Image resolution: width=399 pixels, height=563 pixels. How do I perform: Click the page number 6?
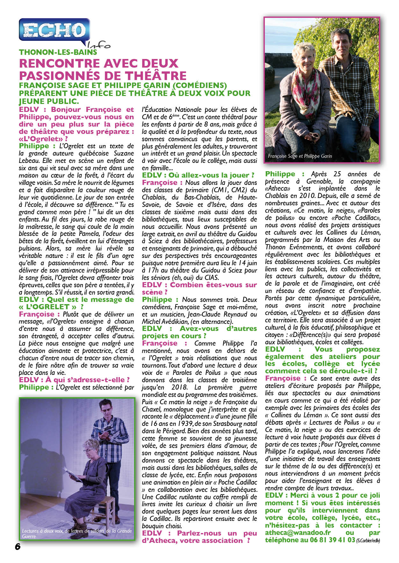[x=18, y=546]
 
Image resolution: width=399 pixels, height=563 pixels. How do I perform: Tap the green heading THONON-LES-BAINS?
[x=58, y=52]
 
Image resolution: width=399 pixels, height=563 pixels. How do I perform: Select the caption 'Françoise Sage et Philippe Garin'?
[x=300, y=156]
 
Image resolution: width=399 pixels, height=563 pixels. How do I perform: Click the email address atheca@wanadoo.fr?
[x=298, y=533]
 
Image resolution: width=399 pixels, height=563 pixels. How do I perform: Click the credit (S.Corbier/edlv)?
[x=368, y=541]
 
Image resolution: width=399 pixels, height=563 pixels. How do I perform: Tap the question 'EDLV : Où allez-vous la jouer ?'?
[x=198, y=175]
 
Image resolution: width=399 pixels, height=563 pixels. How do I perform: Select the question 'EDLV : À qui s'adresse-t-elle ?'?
[x=74, y=380]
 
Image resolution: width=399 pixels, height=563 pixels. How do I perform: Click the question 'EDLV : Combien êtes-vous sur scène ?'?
[x=199, y=289]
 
